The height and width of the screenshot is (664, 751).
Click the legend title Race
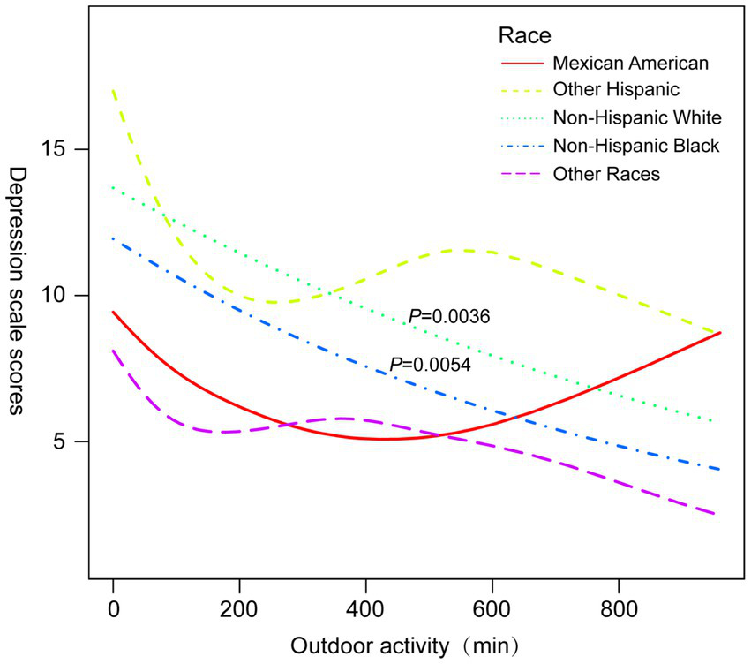[x=525, y=35]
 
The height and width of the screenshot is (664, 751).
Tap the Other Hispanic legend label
[x=617, y=89]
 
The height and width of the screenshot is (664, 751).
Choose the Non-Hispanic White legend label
[x=637, y=117]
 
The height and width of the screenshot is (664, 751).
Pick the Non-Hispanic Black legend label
[x=636, y=145]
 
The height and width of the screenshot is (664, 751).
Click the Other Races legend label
[x=606, y=173]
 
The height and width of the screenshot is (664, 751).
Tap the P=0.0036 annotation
[x=448, y=316]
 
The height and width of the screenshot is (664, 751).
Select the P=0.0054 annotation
[x=431, y=363]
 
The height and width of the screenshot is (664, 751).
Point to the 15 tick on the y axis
[x=60, y=149]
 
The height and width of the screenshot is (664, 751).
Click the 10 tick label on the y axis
[x=60, y=295]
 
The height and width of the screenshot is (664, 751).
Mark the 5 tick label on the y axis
[x=65, y=441]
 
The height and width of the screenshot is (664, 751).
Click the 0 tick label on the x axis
[x=113, y=608]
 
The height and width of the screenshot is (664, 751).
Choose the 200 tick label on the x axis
[x=239, y=608]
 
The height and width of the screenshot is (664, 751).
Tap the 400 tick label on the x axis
[x=365, y=608]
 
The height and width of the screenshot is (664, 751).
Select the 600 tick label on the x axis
[x=492, y=608]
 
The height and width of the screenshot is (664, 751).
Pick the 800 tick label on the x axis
[x=618, y=608]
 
